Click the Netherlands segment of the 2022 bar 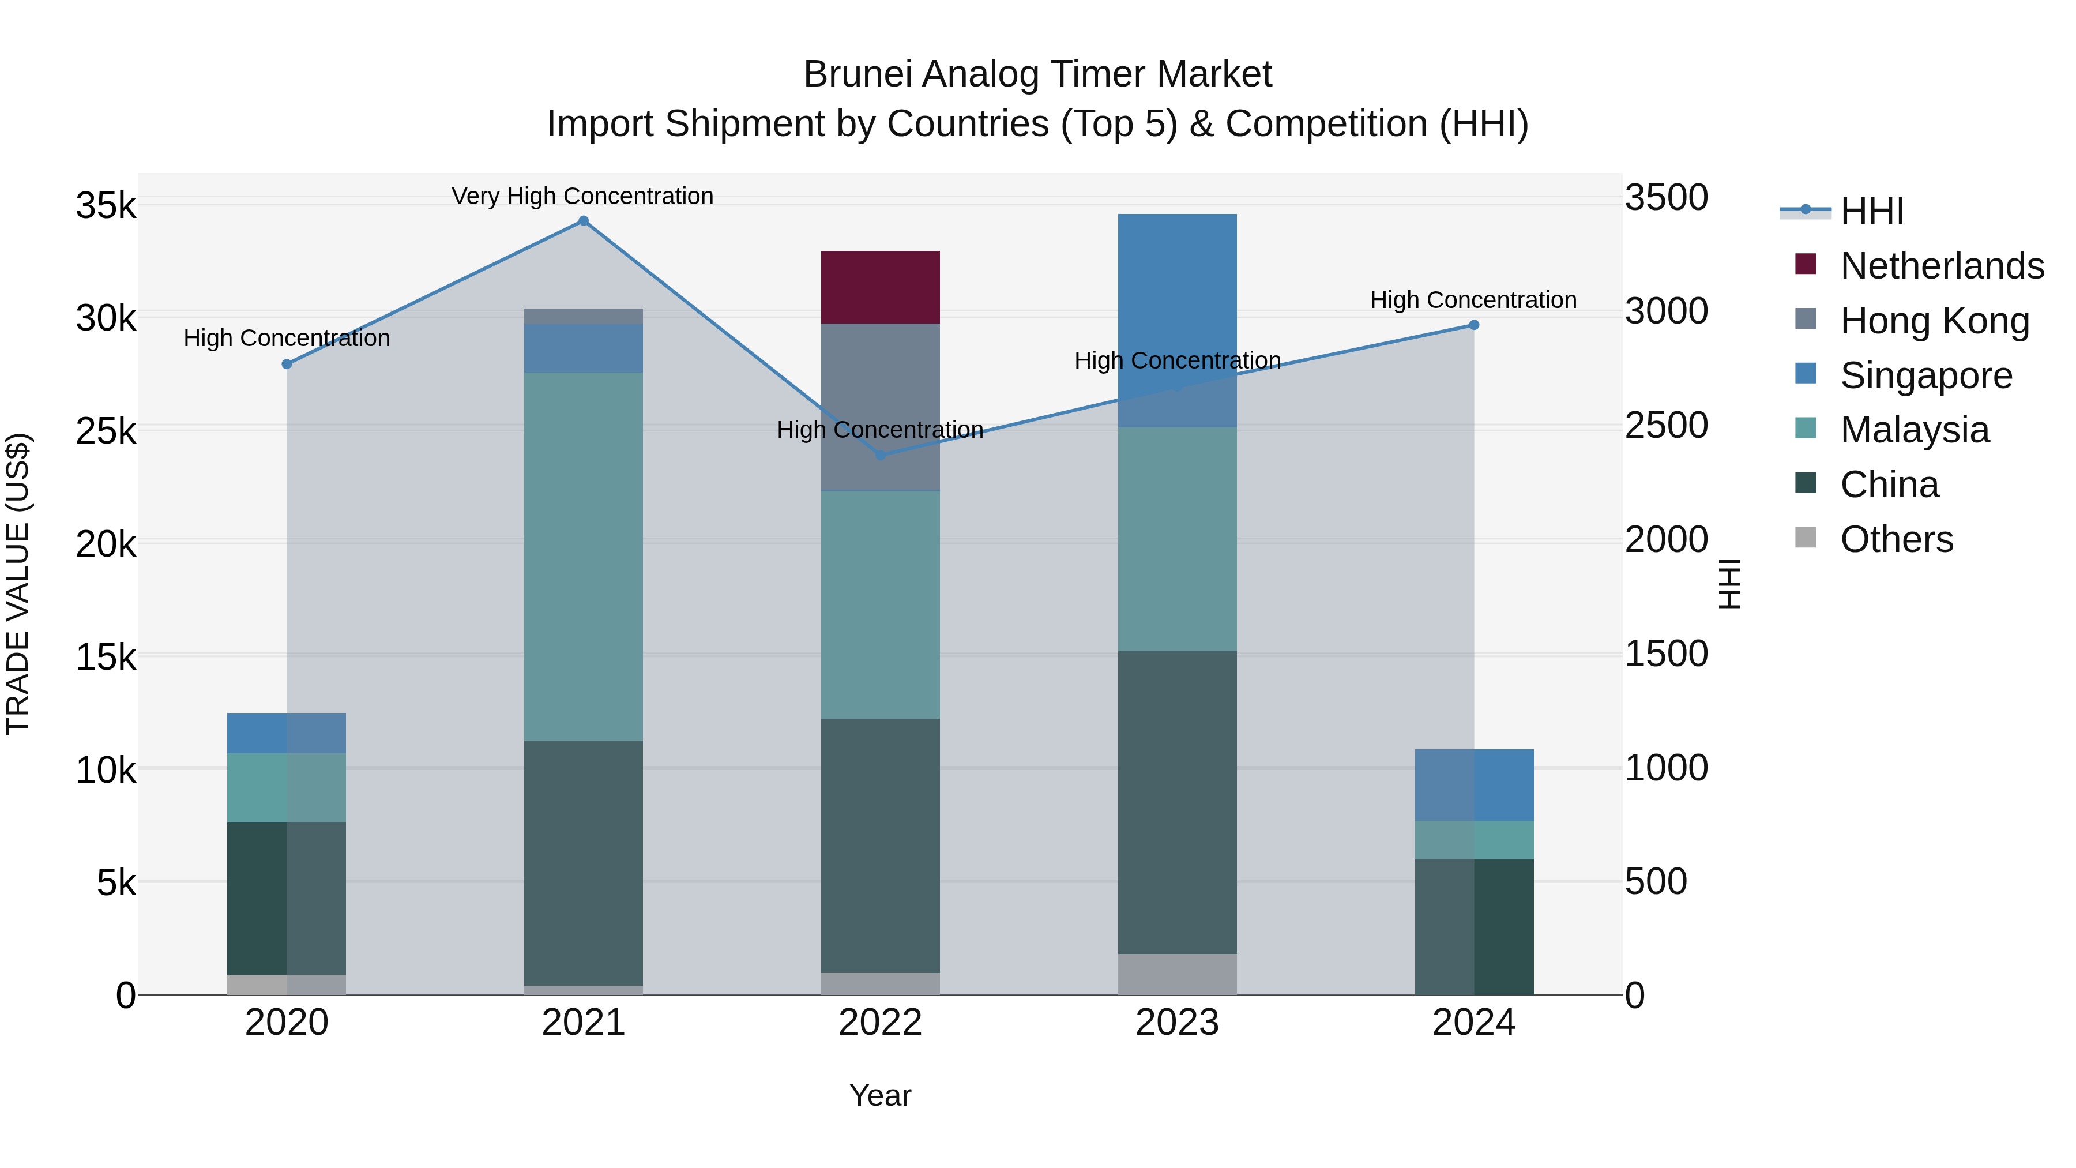coord(880,287)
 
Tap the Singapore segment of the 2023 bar coord(1176,306)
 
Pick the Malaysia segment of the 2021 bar coord(584,556)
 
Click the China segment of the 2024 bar coord(1474,926)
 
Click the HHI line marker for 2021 coord(584,221)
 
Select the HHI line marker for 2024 coord(1474,325)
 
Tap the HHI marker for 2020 coord(287,365)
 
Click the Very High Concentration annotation coord(582,196)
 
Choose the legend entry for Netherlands coord(1942,266)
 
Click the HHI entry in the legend coord(1871,211)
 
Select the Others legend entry coord(1896,539)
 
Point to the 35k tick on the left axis coord(106,205)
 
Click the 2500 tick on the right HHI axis coord(1665,426)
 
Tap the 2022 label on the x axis coord(880,1023)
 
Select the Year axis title coord(880,1095)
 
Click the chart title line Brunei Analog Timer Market coord(1037,74)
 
